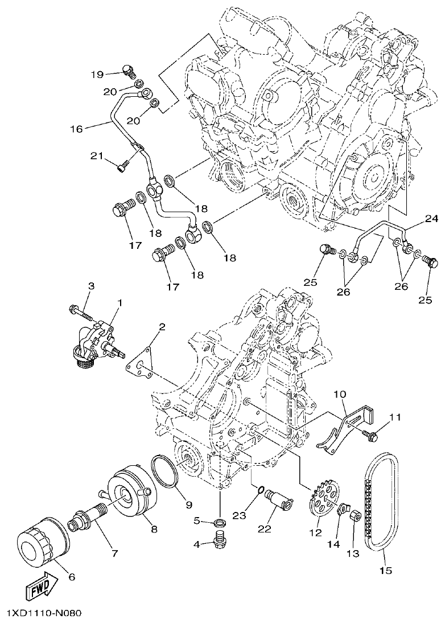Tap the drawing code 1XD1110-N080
coord(44,613)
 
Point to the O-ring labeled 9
coord(165,472)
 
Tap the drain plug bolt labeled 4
coord(219,539)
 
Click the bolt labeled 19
coord(129,71)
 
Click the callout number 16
coord(76,129)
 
